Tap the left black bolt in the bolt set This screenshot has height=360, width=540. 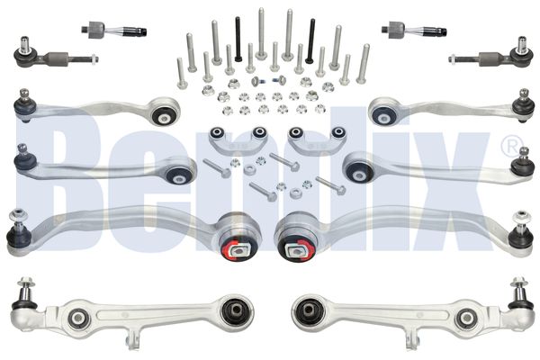tap(238, 40)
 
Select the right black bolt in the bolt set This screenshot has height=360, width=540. tap(310, 41)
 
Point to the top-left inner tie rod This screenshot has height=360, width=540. tap(114, 31)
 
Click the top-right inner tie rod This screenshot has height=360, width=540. tap(414, 30)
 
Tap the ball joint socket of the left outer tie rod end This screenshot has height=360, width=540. tap(25, 55)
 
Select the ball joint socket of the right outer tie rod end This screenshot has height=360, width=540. tap(522, 54)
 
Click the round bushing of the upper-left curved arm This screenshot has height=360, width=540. tap(165, 113)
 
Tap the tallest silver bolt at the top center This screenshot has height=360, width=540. tap(261, 33)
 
